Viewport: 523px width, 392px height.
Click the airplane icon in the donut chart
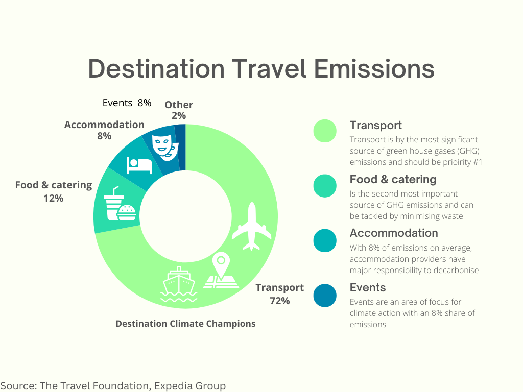(x=252, y=227)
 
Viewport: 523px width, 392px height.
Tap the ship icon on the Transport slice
(x=178, y=284)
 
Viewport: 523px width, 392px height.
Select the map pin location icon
(x=221, y=271)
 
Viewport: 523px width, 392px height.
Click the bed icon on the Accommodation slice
(x=140, y=164)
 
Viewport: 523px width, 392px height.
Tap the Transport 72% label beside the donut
(x=279, y=294)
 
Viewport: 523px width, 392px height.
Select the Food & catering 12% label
(x=53, y=191)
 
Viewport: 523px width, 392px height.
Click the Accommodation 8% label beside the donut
(x=104, y=130)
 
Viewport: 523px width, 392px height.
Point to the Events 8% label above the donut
(x=127, y=103)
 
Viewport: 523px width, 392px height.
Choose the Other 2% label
(x=179, y=110)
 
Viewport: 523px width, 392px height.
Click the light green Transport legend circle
(x=325, y=131)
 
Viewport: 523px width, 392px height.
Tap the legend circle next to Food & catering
(x=325, y=186)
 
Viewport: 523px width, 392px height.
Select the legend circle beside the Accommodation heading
(x=325, y=240)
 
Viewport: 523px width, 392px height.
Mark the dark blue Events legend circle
(x=325, y=296)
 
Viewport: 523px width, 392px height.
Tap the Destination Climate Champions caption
(x=185, y=324)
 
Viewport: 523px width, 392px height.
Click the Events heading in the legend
(x=368, y=287)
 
